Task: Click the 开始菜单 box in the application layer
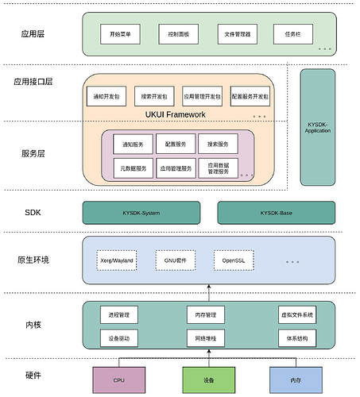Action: (120, 35)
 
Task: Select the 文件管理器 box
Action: (236, 35)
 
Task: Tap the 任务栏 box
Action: (292, 35)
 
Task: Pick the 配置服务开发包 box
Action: (250, 96)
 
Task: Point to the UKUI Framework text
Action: (176, 115)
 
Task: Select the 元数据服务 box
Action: (134, 168)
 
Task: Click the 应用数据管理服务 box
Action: (217, 168)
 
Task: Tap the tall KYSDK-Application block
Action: (318, 126)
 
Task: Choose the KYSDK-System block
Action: (140, 213)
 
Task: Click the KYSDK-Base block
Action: (276, 213)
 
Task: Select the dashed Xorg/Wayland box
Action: (118, 260)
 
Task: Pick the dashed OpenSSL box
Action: (233, 260)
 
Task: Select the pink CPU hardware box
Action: (119, 380)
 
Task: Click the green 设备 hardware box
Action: (209, 380)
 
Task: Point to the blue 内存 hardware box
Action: (297, 380)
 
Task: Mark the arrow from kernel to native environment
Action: (209, 293)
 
